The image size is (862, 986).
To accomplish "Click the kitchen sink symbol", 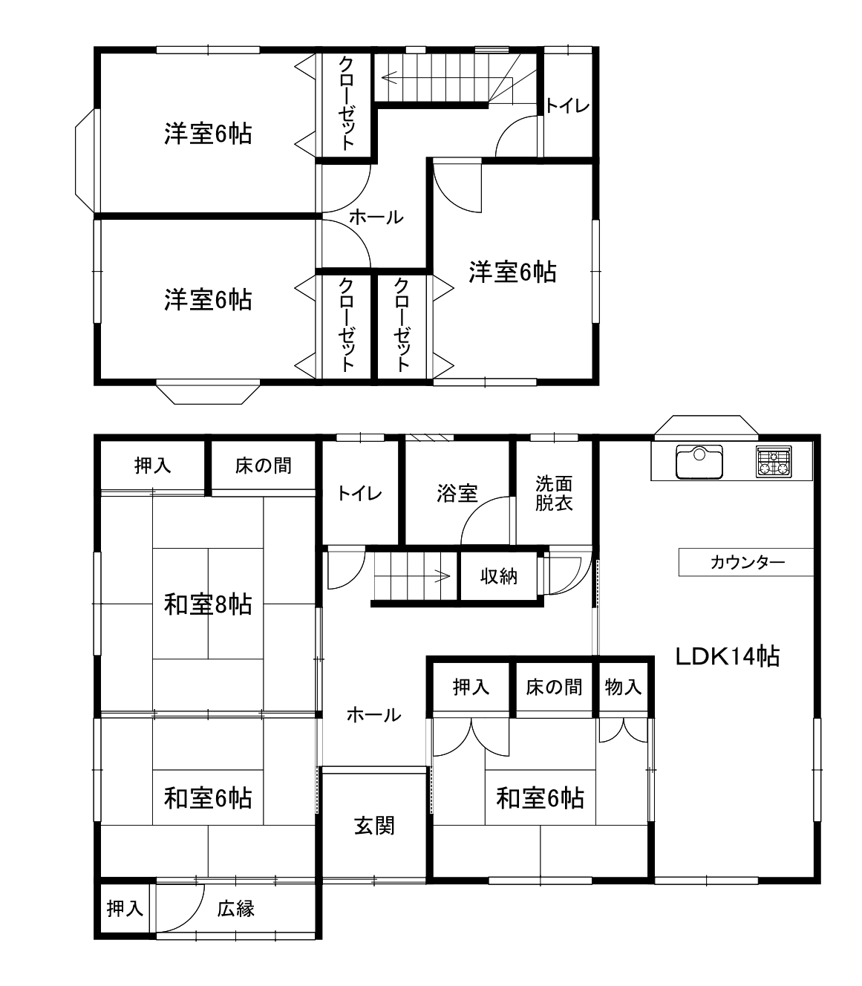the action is coord(699,462).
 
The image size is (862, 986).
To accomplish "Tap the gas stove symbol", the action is coord(774,462).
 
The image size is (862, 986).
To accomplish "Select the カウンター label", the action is coord(748,562).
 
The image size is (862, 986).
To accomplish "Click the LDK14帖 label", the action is coord(727,656).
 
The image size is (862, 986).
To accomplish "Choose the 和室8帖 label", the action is coord(208,604).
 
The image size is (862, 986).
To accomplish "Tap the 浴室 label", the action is coord(457,494).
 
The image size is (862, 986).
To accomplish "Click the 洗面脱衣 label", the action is coord(554,493).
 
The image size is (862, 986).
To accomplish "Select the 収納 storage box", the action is coord(499,576).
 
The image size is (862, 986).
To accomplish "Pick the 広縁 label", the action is coord(235,909).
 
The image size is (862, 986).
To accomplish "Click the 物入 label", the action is coord(623,688).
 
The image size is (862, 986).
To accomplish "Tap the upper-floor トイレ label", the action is coord(567,105).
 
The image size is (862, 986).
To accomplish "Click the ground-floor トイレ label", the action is coord(359,494).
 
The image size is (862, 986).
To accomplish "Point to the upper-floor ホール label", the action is coord(376,218).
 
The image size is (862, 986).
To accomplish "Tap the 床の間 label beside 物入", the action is coord(554,688).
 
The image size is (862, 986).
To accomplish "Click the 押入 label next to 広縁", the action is coord(125,908).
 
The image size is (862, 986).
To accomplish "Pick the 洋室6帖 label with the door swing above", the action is coord(512,272).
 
